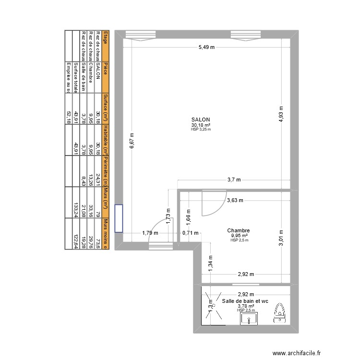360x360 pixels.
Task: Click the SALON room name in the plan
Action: tap(201, 120)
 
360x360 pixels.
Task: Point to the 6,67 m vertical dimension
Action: tap(132, 141)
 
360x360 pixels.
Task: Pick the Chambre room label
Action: tap(239, 230)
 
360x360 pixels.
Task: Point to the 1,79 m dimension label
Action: tap(150, 233)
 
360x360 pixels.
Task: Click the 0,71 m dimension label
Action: tap(190, 233)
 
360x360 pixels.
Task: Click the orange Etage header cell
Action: tap(106, 37)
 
